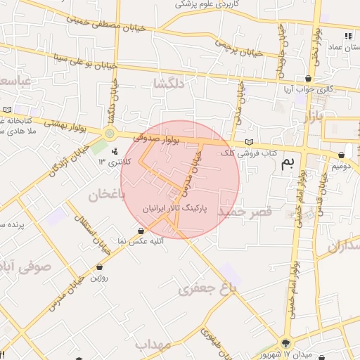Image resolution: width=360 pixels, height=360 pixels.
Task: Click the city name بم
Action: [x=288, y=165]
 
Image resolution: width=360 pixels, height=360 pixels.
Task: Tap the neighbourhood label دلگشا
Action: [x=169, y=84]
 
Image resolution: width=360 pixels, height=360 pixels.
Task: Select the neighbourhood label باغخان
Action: [x=107, y=194]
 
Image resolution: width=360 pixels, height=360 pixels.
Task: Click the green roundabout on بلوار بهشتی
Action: [x=109, y=134]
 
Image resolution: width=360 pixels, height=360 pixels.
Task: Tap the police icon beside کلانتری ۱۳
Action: [x=115, y=151]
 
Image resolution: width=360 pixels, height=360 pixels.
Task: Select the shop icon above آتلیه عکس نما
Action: [x=142, y=231]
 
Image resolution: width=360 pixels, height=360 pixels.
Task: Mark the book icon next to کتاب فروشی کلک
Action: [x=248, y=142]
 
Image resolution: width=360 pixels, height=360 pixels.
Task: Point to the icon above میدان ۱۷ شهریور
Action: [x=285, y=343]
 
